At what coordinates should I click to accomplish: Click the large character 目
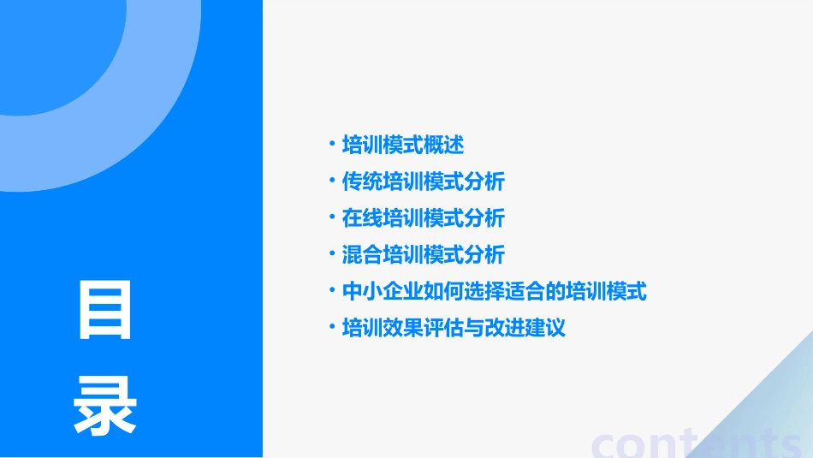point(105,309)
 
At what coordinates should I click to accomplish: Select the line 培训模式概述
point(403,145)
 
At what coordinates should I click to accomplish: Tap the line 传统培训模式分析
point(424,181)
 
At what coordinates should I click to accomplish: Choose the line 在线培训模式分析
point(424,218)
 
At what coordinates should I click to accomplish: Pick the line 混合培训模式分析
point(424,255)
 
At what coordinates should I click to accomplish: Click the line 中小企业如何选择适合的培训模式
point(495,292)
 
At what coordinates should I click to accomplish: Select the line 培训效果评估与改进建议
point(454,329)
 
